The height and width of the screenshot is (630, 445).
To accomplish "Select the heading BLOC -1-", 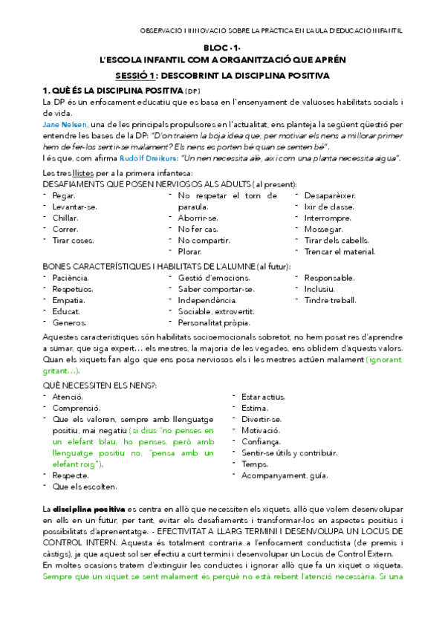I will point(222,47).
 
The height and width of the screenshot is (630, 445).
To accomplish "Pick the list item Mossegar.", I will point(322,230).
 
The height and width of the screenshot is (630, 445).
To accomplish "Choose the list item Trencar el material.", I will point(340,252).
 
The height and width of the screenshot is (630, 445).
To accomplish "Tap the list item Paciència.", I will point(71,278).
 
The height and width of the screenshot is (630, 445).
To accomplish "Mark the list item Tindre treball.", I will point(330,300).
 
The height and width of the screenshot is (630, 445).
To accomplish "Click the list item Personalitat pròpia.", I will point(214,322).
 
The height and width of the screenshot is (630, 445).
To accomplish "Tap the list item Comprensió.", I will point(76,409).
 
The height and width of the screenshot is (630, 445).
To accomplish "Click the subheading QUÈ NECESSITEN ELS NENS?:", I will point(100,385).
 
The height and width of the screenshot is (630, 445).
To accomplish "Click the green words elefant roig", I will point(78,464).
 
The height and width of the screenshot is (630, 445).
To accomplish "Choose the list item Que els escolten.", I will point(84,487).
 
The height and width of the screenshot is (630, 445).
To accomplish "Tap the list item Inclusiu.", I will point(319,289).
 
